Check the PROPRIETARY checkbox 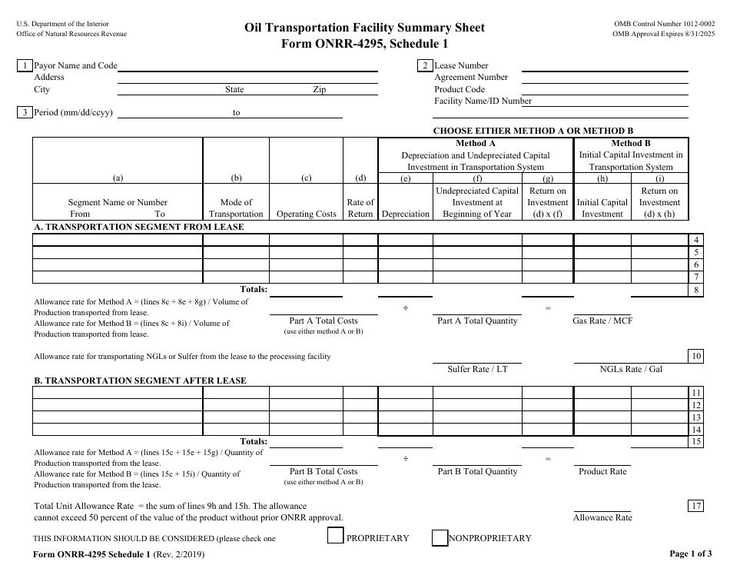tap(335, 537)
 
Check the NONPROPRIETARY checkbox tap(440, 537)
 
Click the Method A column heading tap(476, 144)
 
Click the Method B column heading tap(631, 144)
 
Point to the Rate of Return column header tap(360, 208)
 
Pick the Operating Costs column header tap(306, 214)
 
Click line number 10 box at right tap(695, 355)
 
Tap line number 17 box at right tap(695, 505)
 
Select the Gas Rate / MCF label tap(602, 321)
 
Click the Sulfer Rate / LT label tap(477, 369)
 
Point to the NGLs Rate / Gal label tap(631, 369)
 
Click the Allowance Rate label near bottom tap(602, 517)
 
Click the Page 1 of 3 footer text tap(691, 553)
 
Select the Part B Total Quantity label tap(477, 471)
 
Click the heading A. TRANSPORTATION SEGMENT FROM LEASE tap(139, 228)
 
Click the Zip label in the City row tap(319, 90)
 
